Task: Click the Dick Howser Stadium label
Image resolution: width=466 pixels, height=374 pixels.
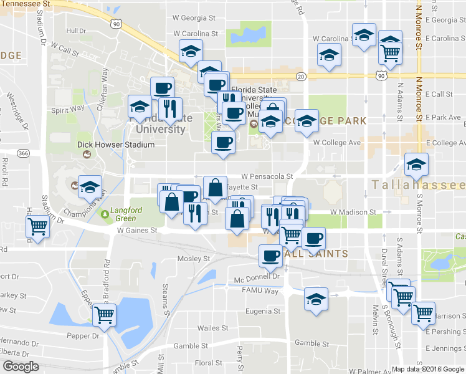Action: tap(115, 145)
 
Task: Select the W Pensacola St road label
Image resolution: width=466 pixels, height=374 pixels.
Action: tap(267, 176)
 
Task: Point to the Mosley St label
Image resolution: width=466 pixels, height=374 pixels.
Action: tap(194, 258)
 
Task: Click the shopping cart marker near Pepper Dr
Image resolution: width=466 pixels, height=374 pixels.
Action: tap(103, 315)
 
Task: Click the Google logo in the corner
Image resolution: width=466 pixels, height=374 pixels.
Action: tap(21, 367)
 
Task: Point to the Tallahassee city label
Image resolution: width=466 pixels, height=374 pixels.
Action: tap(418, 185)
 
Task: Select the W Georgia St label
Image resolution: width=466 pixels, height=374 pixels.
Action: tap(196, 19)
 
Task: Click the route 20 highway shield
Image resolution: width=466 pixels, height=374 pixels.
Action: tap(301, 76)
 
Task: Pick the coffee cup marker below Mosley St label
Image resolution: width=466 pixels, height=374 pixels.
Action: tap(270, 255)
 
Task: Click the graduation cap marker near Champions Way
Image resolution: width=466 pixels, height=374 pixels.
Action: tap(90, 186)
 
